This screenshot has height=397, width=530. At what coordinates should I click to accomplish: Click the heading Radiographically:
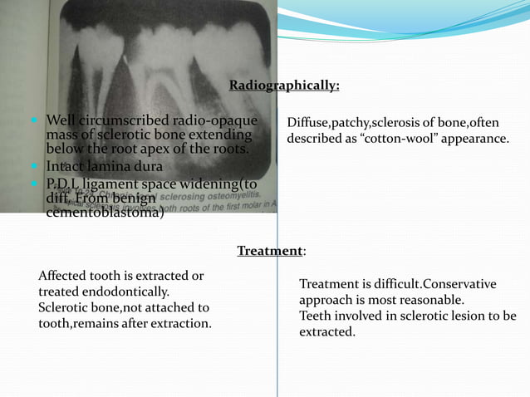pos(284,86)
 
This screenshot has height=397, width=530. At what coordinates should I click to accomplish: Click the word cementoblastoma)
pos(105,214)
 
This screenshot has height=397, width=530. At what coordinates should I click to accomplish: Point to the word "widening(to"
pos(218,184)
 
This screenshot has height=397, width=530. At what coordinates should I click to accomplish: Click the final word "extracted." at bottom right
pos(326,331)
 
